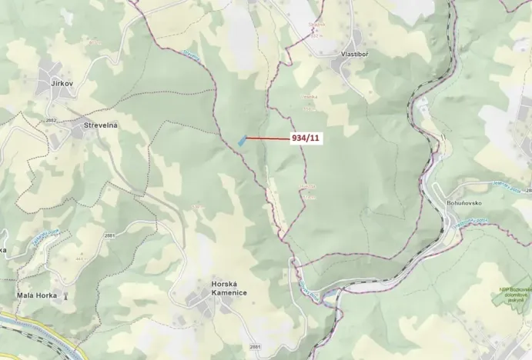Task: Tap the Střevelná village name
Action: pos(100,125)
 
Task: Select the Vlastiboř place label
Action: pos(356,55)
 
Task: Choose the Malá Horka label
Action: pos(37,295)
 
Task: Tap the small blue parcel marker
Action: pos(242,140)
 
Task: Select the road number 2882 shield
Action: pos(51,121)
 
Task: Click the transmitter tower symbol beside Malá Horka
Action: pos(65,295)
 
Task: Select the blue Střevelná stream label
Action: pos(192,55)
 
